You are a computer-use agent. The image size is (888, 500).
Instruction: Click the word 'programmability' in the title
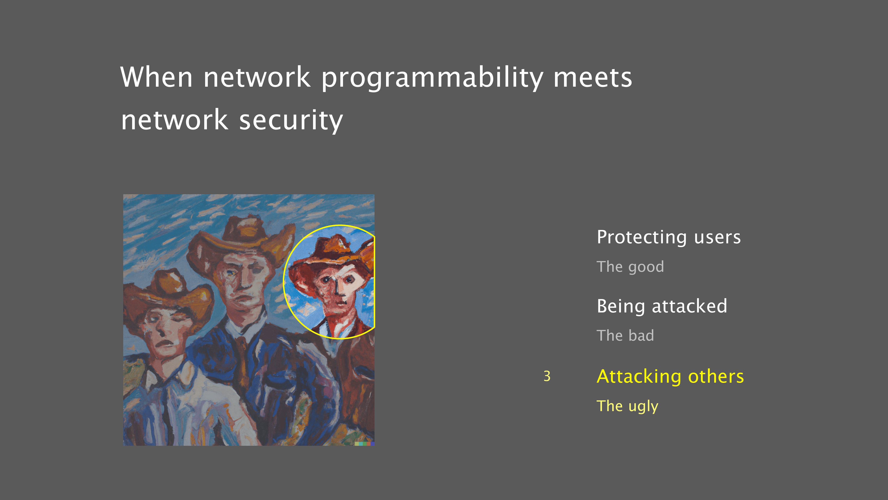432,78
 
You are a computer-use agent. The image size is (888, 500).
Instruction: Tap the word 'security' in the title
291,120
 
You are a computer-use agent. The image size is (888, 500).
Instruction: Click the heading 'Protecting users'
669,237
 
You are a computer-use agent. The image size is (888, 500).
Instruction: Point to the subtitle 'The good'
630,267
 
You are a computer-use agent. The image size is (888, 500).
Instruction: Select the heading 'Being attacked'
662,306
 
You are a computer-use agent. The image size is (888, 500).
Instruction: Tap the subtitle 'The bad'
625,335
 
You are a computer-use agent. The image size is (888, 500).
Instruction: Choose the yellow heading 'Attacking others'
670,376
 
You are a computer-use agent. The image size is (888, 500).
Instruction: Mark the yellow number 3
547,376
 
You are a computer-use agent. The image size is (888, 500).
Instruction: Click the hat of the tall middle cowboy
241,238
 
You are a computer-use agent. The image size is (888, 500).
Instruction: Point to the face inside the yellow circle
336,288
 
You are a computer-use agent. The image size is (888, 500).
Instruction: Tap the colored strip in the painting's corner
364,444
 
